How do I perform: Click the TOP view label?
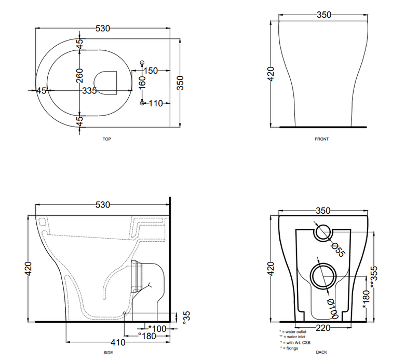[x=106, y=139]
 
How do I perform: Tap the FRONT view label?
[x=321, y=139]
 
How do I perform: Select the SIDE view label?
[x=108, y=353]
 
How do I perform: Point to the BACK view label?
[x=321, y=352]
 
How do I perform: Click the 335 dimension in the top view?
[x=89, y=91]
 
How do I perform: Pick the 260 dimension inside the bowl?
[x=80, y=76]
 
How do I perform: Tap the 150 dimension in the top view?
[x=151, y=71]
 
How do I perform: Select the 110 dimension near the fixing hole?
[x=156, y=103]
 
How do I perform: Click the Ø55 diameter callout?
[x=337, y=250]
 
